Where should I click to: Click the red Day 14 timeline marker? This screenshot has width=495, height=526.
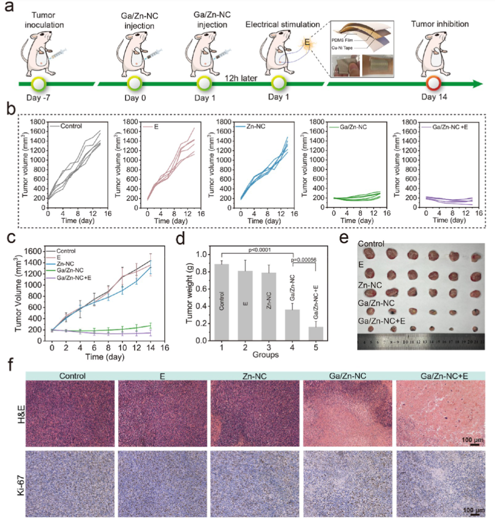tap(433, 83)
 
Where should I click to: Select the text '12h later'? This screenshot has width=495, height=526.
tap(241, 78)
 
